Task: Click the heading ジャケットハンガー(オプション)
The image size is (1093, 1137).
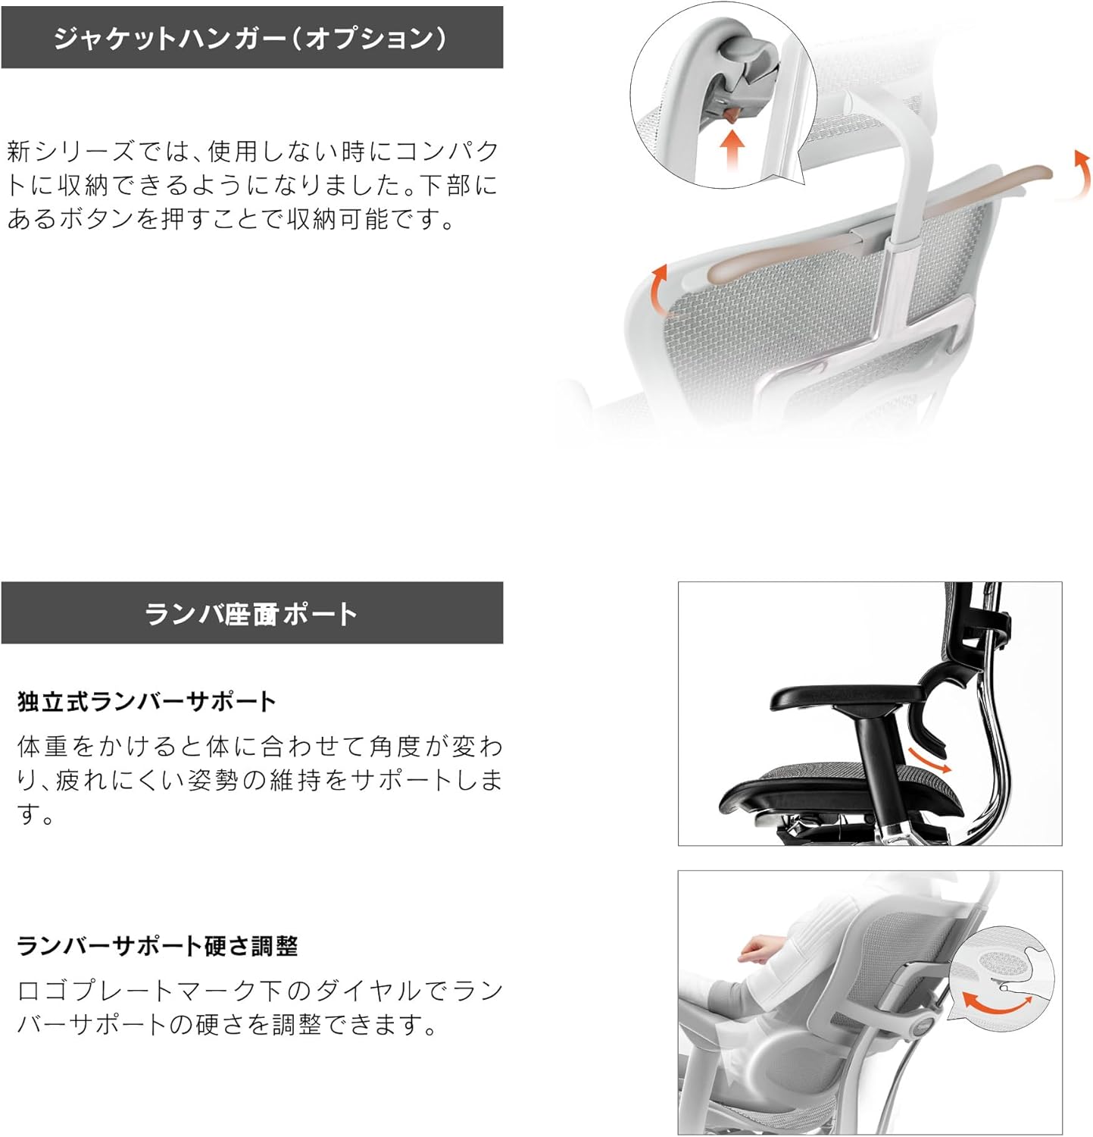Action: (x=251, y=38)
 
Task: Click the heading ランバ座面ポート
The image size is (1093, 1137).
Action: (x=251, y=613)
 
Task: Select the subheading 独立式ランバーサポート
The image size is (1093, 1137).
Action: (x=146, y=701)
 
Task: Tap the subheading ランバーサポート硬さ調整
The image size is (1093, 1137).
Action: (x=158, y=946)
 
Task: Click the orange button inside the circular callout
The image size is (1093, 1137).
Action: (x=731, y=114)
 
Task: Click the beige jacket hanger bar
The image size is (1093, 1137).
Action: (x=871, y=227)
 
